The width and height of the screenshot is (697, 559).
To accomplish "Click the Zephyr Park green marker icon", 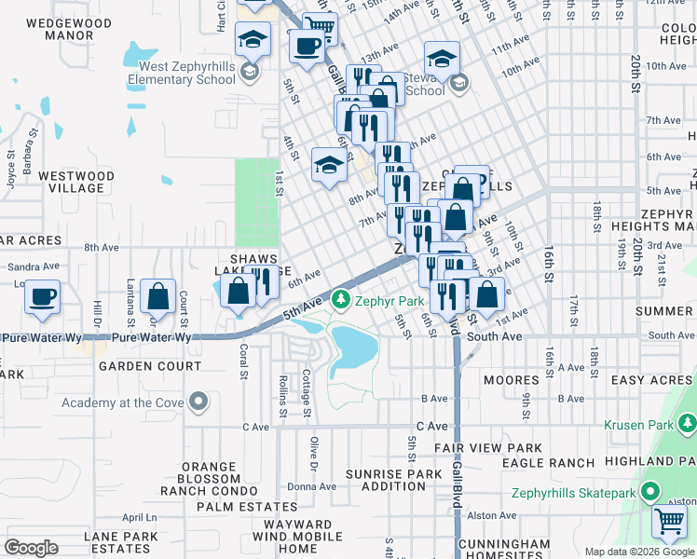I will tap(342, 300).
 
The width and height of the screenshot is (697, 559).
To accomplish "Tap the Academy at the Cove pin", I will tap(198, 402).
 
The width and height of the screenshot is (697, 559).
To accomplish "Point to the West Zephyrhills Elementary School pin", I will tap(249, 72).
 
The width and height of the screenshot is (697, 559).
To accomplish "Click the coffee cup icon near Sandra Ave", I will tap(42, 297).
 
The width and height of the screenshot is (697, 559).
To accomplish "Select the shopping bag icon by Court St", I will tap(158, 297).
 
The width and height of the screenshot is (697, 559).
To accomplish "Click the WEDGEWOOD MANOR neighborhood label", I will tap(60, 29).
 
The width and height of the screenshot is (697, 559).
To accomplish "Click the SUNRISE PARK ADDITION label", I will tap(393, 480).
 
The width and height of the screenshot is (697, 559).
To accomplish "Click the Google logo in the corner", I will tap(31, 548).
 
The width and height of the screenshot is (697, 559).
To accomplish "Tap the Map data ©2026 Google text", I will tap(639, 552).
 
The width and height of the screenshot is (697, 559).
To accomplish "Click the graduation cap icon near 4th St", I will tap(328, 166).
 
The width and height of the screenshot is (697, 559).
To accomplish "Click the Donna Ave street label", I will tap(311, 486).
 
